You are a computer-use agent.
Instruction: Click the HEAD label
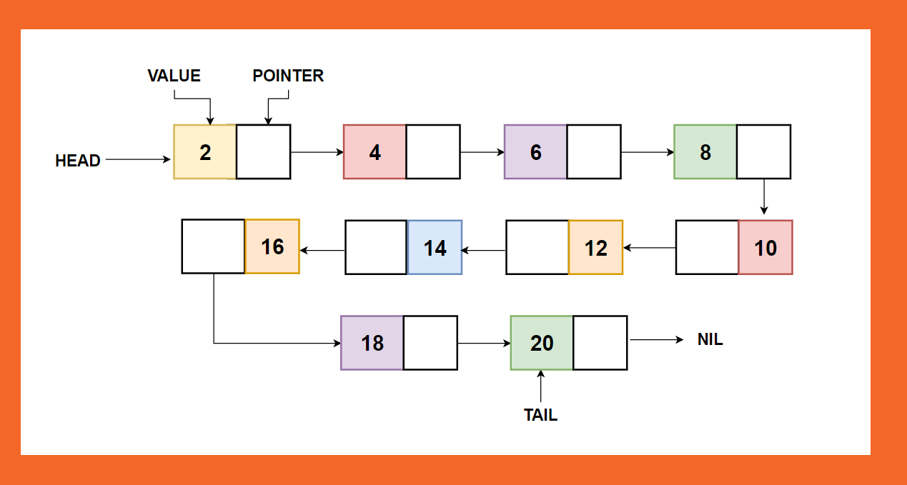pos(77,161)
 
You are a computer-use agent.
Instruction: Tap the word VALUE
pos(174,76)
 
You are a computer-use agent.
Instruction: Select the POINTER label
pos(288,76)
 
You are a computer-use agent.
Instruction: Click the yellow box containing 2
pos(204,152)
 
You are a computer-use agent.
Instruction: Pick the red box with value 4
pos(375,152)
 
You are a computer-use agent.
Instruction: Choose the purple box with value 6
pos(535,152)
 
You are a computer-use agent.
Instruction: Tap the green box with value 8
pos(705,152)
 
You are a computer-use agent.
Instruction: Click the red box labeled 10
pos(765,247)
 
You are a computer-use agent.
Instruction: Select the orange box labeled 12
pos(595,247)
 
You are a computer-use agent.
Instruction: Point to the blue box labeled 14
pos(435,247)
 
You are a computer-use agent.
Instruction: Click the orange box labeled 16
pos(272,246)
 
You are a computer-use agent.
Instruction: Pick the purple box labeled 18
pos(372,343)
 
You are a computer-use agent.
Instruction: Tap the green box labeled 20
pos(541,343)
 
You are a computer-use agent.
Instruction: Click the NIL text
pos(710,340)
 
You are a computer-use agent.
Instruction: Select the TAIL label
pos(540,415)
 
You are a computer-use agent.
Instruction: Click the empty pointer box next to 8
pos(763,152)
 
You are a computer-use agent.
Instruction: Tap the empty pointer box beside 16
pos(213,246)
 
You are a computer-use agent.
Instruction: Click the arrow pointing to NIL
pos(656,340)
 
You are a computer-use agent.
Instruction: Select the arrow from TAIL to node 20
pos(540,388)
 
